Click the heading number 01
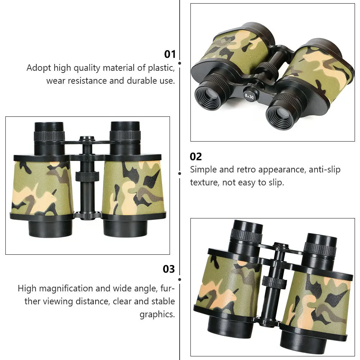click(x=170, y=54)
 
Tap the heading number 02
click(x=196, y=157)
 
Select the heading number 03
click(x=169, y=269)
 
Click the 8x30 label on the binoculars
click(x=249, y=96)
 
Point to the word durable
click(x=141, y=81)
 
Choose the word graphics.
click(x=157, y=314)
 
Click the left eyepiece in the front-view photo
click(x=49, y=131)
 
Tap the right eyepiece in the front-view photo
click(x=125, y=131)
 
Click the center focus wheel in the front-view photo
click(x=87, y=176)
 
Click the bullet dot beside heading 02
click(x=180, y=173)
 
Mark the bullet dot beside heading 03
click(x=180, y=279)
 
